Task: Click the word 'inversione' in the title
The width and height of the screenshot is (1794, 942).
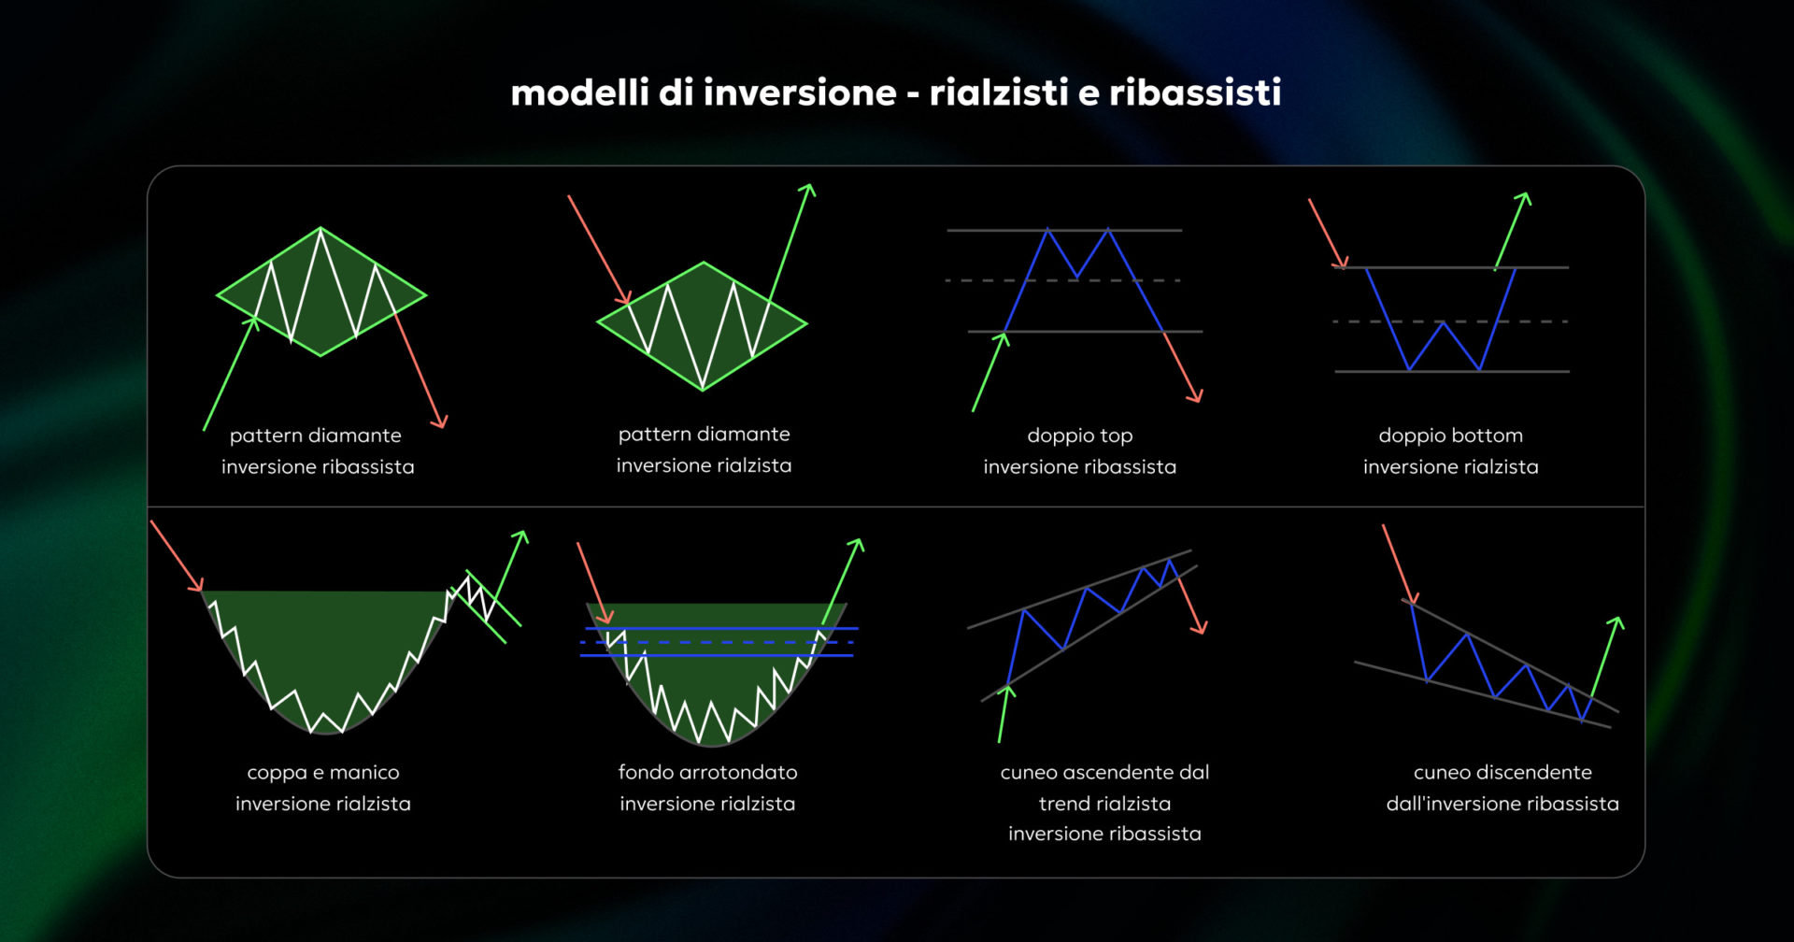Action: tap(800, 93)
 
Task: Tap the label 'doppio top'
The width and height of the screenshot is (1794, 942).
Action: tap(1079, 435)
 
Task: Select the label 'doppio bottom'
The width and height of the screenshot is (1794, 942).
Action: tap(1450, 435)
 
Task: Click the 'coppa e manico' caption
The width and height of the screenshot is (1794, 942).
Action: tap(322, 773)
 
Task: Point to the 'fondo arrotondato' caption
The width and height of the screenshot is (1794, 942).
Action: tap(707, 773)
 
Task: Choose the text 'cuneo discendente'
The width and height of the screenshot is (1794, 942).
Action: tap(1502, 773)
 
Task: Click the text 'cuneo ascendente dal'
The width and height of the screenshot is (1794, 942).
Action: tap(1104, 773)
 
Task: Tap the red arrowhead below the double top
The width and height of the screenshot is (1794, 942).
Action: tap(1195, 396)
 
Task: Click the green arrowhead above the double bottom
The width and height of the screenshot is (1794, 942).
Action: tap(1524, 197)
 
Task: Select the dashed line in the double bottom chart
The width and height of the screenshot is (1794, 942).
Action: tap(1450, 321)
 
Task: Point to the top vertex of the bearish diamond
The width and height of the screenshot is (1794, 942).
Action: tap(320, 228)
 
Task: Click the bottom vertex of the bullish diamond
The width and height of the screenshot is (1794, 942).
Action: tap(702, 389)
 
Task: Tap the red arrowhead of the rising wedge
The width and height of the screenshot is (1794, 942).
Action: tap(1201, 628)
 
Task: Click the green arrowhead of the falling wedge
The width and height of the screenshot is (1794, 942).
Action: tap(1617, 621)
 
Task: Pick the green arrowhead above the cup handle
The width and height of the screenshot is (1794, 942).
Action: tap(522, 535)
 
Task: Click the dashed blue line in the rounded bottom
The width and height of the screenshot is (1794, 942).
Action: tap(717, 642)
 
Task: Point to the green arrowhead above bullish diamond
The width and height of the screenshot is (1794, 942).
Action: tap(808, 189)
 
